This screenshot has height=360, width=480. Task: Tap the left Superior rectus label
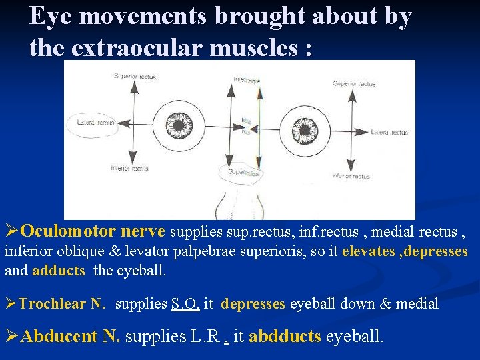click(135, 77)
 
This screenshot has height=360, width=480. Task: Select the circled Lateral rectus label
click(95, 123)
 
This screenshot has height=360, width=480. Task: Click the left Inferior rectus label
click(129, 168)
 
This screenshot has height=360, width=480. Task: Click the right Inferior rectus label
click(351, 176)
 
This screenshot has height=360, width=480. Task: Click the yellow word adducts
click(59, 270)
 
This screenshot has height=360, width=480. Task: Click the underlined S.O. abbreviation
click(185, 304)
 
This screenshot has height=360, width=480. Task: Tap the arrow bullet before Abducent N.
click(11, 336)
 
